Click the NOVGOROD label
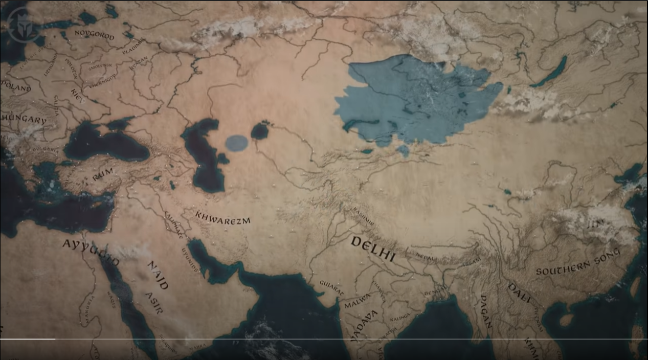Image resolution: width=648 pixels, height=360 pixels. pyautogui.click(x=94, y=35)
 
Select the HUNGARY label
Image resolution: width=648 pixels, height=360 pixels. pyautogui.click(x=24, y=120)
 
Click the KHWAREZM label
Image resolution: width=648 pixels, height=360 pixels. pyautogui.click(x=222, y=218)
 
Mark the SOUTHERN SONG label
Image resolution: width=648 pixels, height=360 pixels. pyautogui.click(x=578, y=262)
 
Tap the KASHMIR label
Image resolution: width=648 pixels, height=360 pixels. pyautogui.click(x=363, y=216)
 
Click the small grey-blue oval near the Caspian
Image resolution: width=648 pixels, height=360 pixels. pyautogui.click(x=236, y=143)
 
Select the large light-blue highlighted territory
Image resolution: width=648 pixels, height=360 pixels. pyautogui.click(x=414, y=100)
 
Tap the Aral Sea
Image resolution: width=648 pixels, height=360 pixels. pyautogui.click(x=260, y=131)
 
